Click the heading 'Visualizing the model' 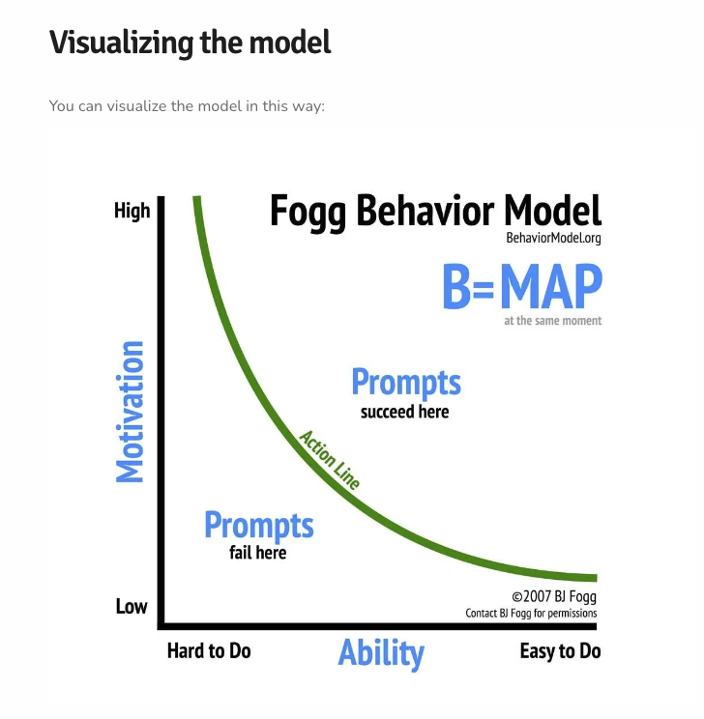(190, 42)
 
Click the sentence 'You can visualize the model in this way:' (187, 105)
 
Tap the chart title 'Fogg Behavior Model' (435, 211)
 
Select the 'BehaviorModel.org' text (552, 238)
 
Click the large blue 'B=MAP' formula (521, 287)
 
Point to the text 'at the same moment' (552, 321)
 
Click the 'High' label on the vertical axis (132, 211)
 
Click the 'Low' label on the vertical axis (132, 606)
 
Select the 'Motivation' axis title (130, 411)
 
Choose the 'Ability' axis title (381, 652)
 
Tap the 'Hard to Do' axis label (209, 650)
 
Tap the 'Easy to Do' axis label (560, 650)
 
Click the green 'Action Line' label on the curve (330, 460)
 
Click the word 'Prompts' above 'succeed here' (405, 383)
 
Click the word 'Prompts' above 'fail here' (258, 525)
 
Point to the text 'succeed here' (404, 412)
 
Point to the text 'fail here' (257, 553)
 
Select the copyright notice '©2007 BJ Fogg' (553, 596)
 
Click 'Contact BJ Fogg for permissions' (531, 614)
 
